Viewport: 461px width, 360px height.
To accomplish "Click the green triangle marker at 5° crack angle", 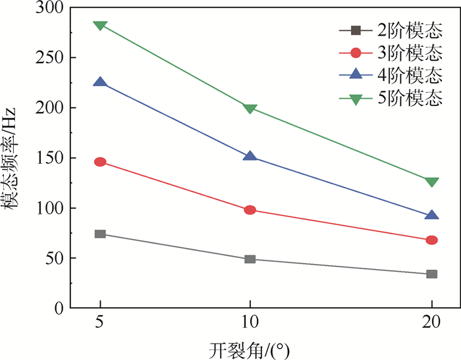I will pyautogui.click(x=100, y=26).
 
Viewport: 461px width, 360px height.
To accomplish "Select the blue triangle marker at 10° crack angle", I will pyautogui.click(x=250, y=156).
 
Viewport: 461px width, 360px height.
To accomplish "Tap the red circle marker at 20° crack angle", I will pyautogui.click(x=432, y=240).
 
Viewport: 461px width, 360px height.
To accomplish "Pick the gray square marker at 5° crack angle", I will pyautogui.click(x=100, y=234).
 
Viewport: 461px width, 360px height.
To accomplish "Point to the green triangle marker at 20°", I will pyautogui.click(x=432, y=182).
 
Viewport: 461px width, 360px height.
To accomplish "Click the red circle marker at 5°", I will pyautogui.click(x=100, y=162).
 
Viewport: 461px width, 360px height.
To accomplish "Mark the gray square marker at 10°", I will pyautogui.click(x=250, y=259).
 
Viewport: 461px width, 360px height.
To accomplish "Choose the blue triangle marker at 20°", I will pyautogui.click(x=432, y=215).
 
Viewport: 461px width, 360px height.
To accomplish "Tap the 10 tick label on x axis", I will pyautogui.click(x=250, y=324).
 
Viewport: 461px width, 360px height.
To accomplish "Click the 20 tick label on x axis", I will pyautogui.click(x=432, y=324).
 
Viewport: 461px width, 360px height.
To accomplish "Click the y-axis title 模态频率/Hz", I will pyautogui.click(x=14, y=158).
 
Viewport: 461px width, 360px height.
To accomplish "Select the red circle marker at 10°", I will pyautogui.click(x=250, y=210).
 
